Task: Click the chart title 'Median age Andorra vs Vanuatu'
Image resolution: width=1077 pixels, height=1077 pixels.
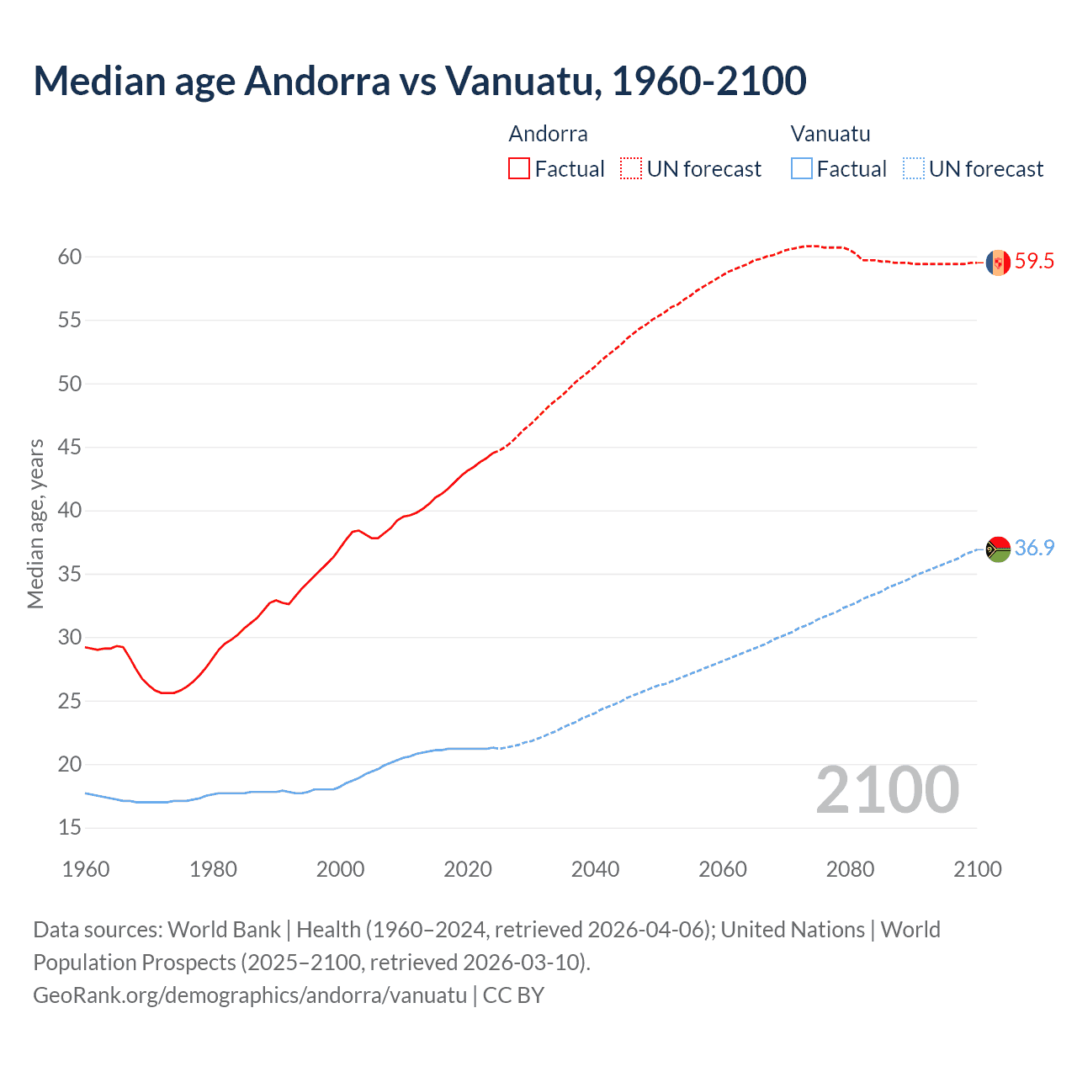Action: tap(419, 81)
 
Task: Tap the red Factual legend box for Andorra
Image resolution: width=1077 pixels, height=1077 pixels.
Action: tap(519, 169)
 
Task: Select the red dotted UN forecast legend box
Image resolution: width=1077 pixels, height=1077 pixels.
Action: tap(631, 169)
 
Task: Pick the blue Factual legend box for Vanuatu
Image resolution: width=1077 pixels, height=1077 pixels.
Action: tap(802, 169)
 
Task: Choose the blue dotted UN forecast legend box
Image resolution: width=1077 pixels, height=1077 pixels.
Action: tap(913, 169)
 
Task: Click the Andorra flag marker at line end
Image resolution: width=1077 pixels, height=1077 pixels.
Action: tap(998, 263)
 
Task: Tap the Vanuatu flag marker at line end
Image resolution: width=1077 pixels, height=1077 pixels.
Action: tap(998, 549)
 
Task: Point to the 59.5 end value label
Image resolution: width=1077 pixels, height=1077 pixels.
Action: tap(1034, 262)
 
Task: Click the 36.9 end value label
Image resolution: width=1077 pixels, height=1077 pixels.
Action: tap(1034, 549)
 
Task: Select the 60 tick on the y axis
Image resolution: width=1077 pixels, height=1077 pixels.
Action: tap(70, 257)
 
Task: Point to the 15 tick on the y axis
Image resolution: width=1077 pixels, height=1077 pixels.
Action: tap(70, 828)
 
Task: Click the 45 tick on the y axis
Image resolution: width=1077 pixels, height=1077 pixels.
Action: tap(70, 447)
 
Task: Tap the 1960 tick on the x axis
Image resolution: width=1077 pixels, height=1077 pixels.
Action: tap(86, 869)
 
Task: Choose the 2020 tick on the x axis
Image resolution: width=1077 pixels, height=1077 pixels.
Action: tap(468, 869)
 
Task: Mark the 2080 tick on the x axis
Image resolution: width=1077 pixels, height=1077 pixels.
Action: tap(850, 869)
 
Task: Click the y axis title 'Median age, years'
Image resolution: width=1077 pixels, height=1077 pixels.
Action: tap(35, 523)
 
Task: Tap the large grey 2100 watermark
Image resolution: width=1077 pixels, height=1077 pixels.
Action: tap(887, 790)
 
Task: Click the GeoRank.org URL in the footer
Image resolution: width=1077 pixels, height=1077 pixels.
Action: tap(250, 995)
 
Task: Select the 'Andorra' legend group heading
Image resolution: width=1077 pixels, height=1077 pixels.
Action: tap(548, 134)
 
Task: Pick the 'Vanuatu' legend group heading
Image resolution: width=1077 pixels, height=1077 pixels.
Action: tap(830, 134)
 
